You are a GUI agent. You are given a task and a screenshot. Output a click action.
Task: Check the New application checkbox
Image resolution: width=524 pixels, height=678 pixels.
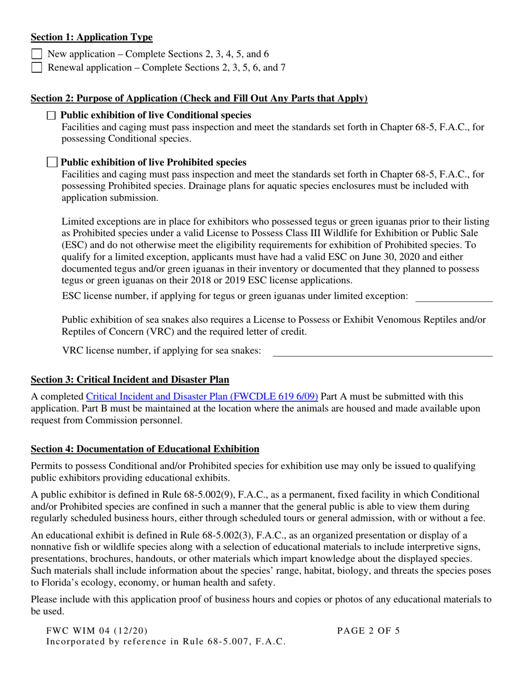coord(36,54)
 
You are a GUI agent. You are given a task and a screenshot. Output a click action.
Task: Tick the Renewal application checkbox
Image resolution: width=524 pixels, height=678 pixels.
coord(36,68)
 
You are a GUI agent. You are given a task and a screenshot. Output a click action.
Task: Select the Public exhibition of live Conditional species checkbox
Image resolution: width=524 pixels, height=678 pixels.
coord(51,115)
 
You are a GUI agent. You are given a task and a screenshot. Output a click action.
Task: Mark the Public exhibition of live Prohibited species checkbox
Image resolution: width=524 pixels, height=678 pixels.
coord(52,162)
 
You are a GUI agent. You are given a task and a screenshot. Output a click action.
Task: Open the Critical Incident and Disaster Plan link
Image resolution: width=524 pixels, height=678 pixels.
coord(202,397)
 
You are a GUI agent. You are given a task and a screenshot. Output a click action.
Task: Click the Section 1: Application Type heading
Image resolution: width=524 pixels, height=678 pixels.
coord(92,37)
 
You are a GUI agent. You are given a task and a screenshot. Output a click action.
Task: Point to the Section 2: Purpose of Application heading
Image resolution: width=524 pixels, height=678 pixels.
coord(199,99)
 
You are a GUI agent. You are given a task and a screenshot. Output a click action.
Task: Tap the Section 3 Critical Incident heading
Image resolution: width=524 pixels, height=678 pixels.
coord(130,380)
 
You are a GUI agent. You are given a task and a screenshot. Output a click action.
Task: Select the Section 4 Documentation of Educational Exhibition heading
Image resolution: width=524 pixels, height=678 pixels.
coord(145,449)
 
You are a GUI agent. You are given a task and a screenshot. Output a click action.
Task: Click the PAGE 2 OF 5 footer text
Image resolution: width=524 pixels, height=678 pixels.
coord(368,631)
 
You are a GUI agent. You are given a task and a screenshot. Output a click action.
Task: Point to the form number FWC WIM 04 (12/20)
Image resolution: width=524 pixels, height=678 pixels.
coord(97,631)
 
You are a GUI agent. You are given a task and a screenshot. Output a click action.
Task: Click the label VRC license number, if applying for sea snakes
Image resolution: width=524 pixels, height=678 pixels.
coord(162,351)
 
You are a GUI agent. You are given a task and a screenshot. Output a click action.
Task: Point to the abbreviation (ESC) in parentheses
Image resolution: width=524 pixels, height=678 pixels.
coord(74,245)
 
